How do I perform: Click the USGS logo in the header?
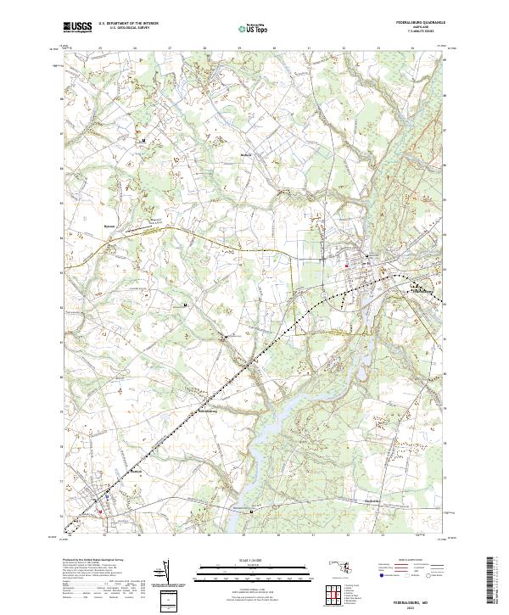77,28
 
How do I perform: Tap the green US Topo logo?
254,29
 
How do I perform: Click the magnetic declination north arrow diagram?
167,577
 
